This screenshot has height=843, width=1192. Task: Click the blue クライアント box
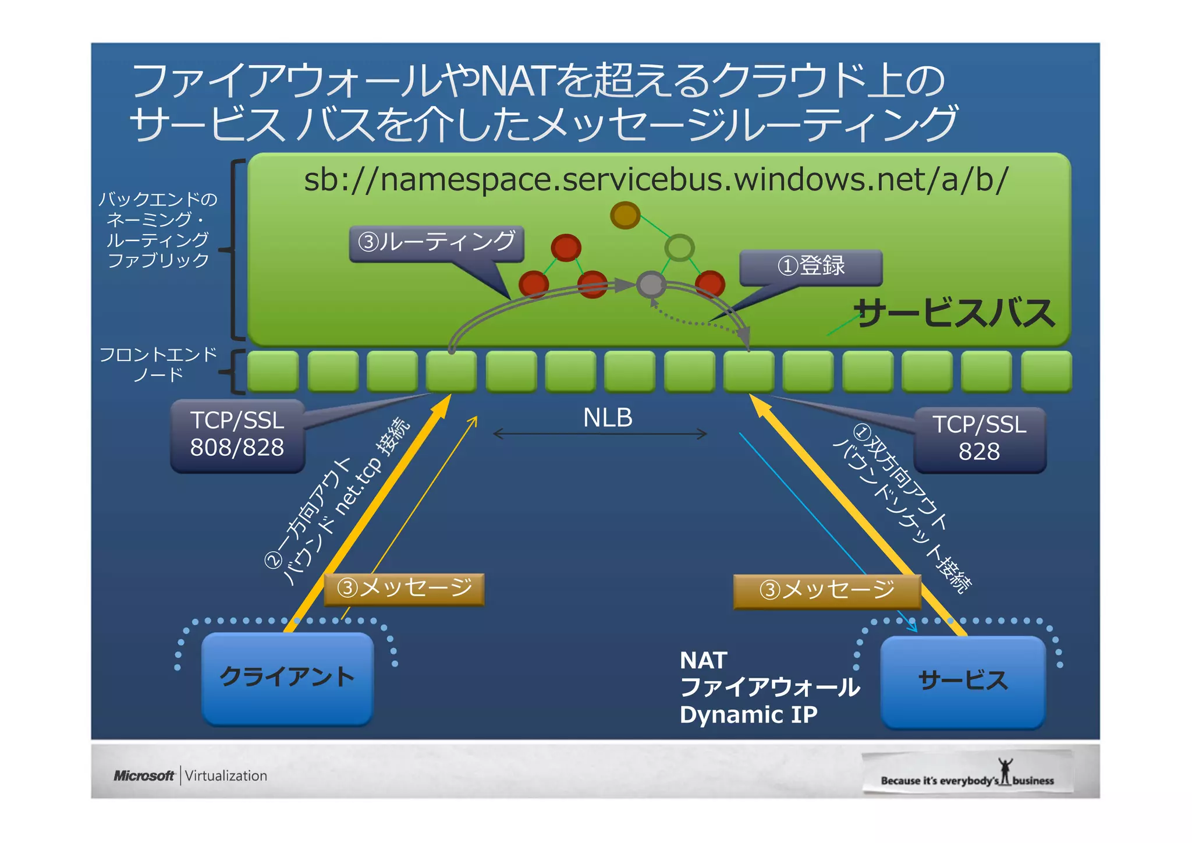[287, 678]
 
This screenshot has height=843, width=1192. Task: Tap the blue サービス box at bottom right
[963, 681]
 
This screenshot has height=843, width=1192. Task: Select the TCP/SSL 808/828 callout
[237, 435]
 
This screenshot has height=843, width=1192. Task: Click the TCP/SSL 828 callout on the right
[979, 439]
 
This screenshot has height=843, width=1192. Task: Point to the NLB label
[607, 418]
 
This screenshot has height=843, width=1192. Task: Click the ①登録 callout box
[811, 267]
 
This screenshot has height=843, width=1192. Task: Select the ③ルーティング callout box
[437, 243]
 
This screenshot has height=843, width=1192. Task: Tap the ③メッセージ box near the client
[404, 589]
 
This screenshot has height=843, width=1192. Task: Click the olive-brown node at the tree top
[625, 215]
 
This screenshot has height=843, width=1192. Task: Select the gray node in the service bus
[651, 285]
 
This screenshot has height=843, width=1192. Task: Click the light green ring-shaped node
[679, 248]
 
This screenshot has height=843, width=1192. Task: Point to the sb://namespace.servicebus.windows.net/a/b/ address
[656, 179]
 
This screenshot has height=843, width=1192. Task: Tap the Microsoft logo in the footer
[144, 776]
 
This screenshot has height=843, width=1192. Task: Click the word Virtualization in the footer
[226, 776]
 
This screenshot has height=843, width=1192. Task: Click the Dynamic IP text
[748, 715]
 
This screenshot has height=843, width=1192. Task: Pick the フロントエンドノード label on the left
[158, 364]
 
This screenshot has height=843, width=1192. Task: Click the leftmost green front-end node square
[273, 371]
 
